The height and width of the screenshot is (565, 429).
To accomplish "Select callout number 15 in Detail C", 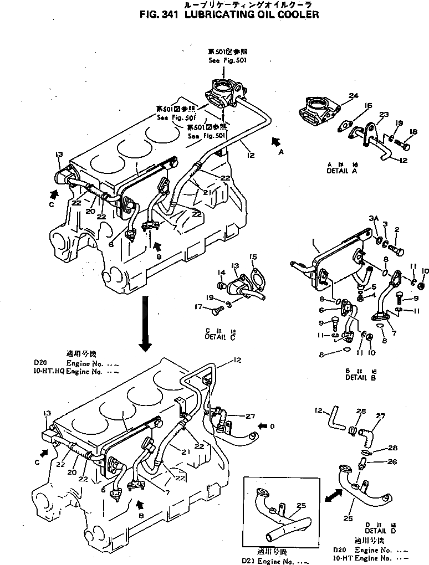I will [x=253, y=256].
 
